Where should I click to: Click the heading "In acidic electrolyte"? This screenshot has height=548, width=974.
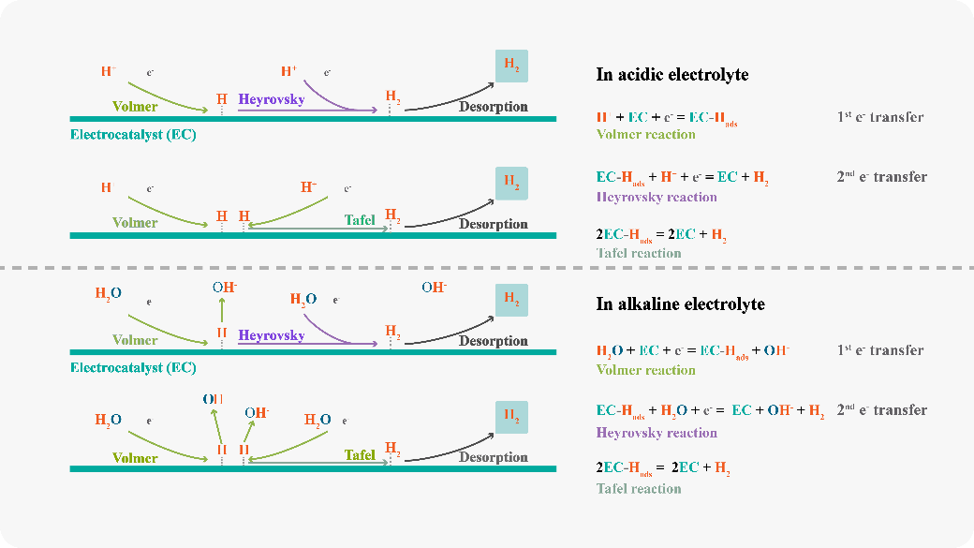pos(671,75)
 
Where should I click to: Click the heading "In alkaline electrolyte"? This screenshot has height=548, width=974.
pos(680,304)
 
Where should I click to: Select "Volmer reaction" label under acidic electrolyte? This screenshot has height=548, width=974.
pos(645,134)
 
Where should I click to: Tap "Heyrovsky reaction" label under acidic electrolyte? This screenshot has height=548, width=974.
pos(656,197)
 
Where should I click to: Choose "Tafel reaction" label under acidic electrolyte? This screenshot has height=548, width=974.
pos(638,253)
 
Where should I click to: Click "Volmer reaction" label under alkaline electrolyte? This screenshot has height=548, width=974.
pos(645,370)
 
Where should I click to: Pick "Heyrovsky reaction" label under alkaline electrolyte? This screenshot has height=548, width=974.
pos(656,433)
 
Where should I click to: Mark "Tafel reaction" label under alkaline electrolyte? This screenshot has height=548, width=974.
pos(638,488)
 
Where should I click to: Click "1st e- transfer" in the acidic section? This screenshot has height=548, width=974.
pos(879,118)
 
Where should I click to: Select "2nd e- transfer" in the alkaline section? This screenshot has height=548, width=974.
pos(881,410)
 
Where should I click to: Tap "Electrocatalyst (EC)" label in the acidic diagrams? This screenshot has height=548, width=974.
pos(133,134)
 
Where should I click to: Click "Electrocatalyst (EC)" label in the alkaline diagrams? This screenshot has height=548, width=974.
pos(133,368)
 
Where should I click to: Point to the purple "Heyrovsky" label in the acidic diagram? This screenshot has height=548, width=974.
pos(271,99)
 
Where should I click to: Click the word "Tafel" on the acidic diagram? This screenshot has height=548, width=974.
pos(360,221)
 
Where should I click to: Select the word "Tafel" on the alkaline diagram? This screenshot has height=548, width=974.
pos(360,455)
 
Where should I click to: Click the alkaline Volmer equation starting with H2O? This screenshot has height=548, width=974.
pos(693,351)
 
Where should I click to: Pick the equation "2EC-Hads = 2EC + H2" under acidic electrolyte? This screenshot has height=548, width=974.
pos(662,235)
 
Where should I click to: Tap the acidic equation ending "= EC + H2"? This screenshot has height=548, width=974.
pos(682,177)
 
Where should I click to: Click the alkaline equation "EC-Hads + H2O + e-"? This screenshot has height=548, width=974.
pos(710,411)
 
